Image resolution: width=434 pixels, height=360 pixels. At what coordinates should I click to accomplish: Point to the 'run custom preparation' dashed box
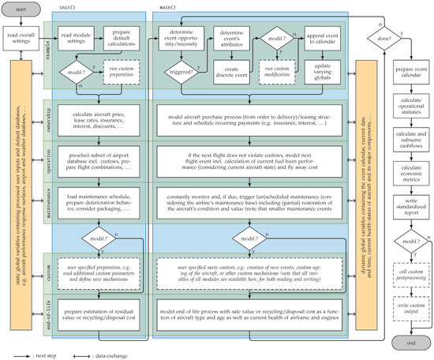pos(120,78)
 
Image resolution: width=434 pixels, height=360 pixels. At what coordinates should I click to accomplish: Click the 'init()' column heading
pos(68,6)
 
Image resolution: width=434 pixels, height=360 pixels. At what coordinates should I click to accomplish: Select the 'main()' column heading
pos(167,6)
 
